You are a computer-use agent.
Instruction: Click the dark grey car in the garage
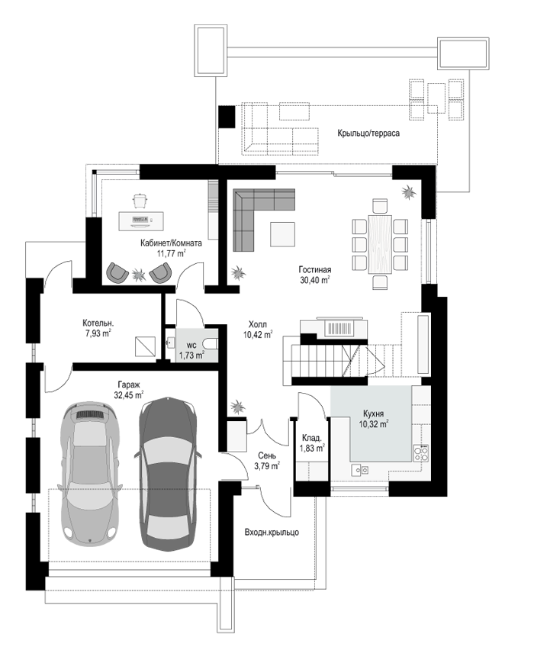[x=168, y=475]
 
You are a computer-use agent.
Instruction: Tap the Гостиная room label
[x=315, y=270]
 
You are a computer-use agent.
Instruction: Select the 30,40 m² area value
[x=315, y=280]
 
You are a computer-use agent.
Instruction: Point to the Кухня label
[x=374, y=413]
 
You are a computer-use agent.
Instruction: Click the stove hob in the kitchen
[x=420, y=453]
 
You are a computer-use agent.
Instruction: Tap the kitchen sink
[x=359, y=470]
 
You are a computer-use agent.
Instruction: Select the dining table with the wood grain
[x=380, y=244]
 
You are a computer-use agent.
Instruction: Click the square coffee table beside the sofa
[x=283, y=234]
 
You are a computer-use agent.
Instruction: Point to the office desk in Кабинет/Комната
[x=141, y=221]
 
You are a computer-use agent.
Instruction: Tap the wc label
[x=191, y=345]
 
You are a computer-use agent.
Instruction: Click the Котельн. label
[x=98, y=323]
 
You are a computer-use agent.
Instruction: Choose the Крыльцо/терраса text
[x=368, y=133]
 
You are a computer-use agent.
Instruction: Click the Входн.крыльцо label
[x=272, y=533]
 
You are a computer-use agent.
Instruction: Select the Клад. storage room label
[x=312, y=438]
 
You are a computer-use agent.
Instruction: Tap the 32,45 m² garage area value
[x=129, y=395]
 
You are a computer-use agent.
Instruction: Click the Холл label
[x=258, y=324]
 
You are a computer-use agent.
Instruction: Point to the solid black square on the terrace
[x=227, y=117]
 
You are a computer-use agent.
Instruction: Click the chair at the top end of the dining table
[x=380, y=206]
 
